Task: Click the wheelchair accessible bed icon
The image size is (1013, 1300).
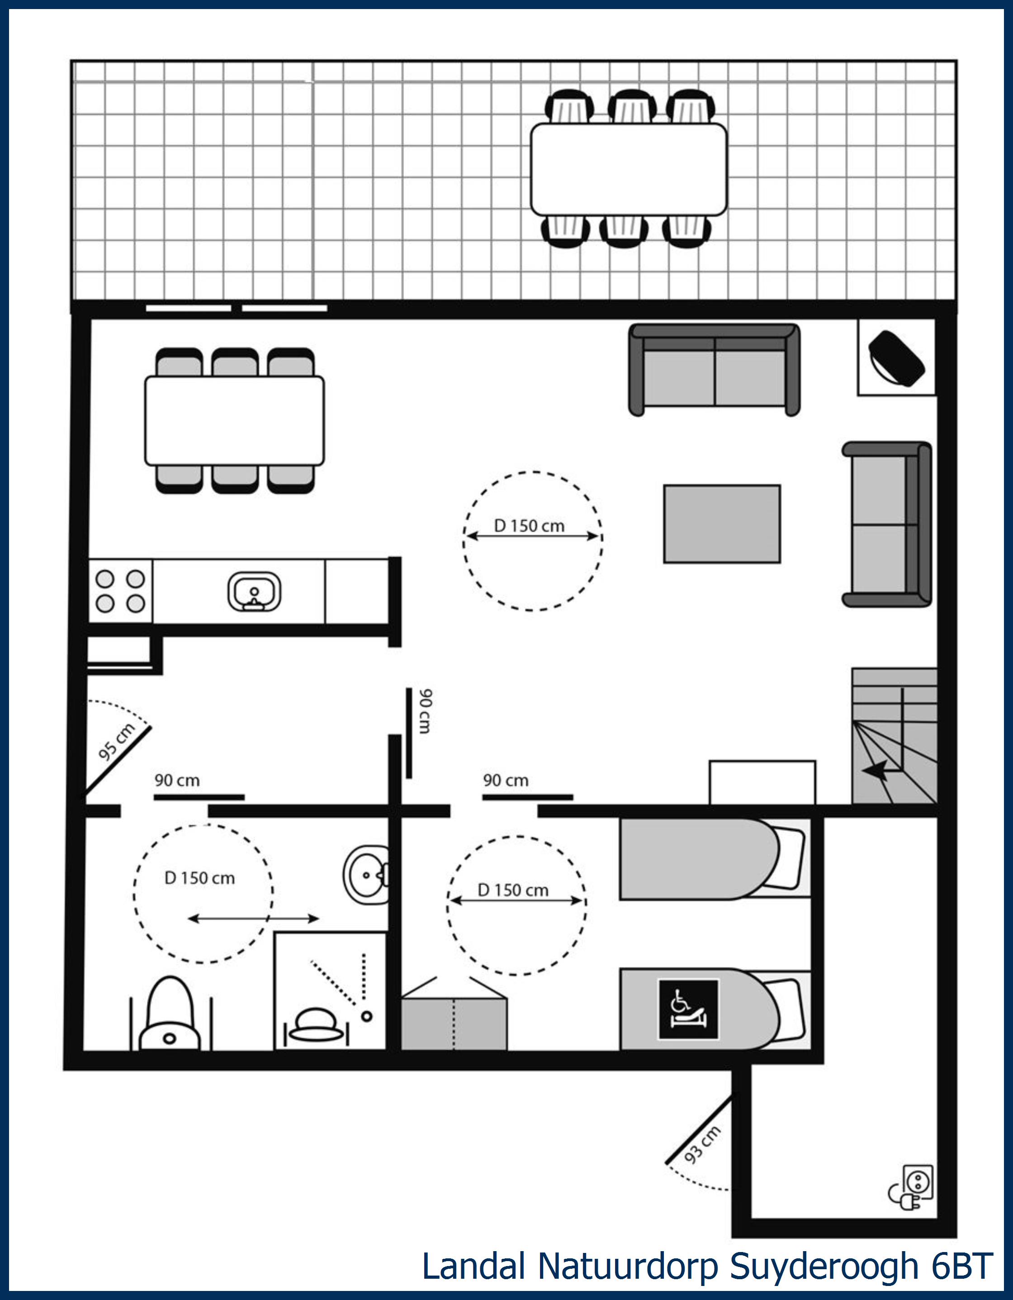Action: pyautogui.click(x=688, y=1010)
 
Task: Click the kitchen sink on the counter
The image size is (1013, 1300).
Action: pyautogui.click(x=255, y=592)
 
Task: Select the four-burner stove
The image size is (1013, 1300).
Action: pyautogui.click(x=121, y=591)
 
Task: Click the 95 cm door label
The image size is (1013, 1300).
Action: pyautogui.click(x=117, y=742)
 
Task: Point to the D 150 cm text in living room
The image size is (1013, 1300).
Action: pyautogui.click(x=529, y=526)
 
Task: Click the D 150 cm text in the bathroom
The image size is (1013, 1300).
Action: pyautogui.click(x=200, y=878)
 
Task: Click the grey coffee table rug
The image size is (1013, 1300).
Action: pyautogui.click(x=721, y=523)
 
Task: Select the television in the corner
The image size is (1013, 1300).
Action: pyautogui.click(x=896, y=358)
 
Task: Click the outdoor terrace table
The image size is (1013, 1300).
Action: pyautogui.click(x=628, y=170)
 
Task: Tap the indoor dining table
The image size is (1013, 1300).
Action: pyautogui.click(x=234, y=420)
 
